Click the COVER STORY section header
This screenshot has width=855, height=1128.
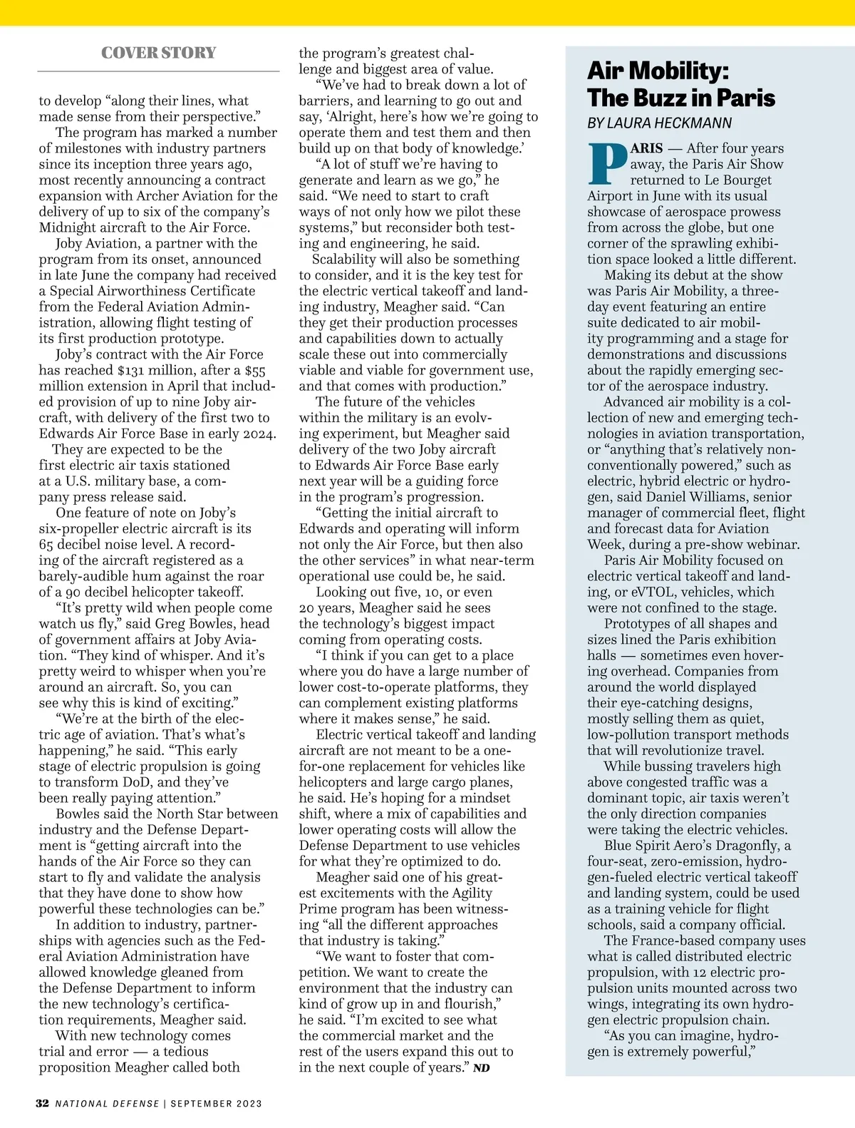[x=158, y=53]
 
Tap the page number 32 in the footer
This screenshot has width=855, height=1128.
[x=42, y=1103]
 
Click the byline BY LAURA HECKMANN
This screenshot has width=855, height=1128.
[x=659, y=123]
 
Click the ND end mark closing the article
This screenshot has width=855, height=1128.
[x=482, y=1068]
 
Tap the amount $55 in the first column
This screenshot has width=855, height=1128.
[x=254, y=370]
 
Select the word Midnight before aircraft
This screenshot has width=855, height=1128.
[x=69, y=227]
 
